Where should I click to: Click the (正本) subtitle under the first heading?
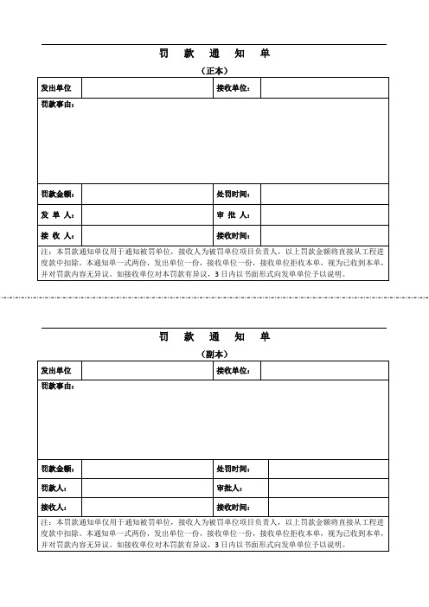pyautogui.click(x=214, y=71)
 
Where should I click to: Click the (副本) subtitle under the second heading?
pyautogui.click(x=214, y=355)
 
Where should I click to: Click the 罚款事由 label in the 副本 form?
pyautogui.click(x=58, y=387)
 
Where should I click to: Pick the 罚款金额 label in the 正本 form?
pyautogui.click(x=58, y=194)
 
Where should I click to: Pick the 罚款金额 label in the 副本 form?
pyautogui.click(x=58, y=469)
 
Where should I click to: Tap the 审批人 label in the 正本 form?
pyautogui.click(x=233, y=214)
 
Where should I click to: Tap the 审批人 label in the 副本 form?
pyautogui.click(x=230, y=488)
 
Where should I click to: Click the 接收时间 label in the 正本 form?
pyautogui.click(x=233, y=235)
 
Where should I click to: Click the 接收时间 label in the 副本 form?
pyautogui.click(x=233, y=507)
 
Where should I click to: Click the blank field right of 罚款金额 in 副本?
pyautogui.click(x=147, y=469)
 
